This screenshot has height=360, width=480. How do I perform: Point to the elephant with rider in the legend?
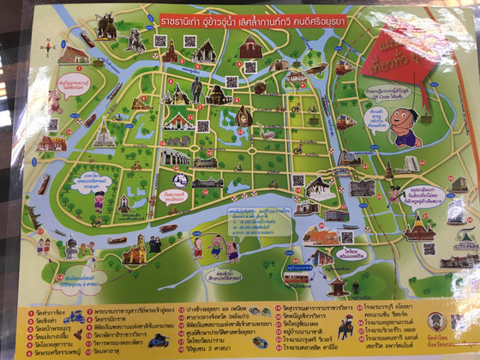point(346,325)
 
